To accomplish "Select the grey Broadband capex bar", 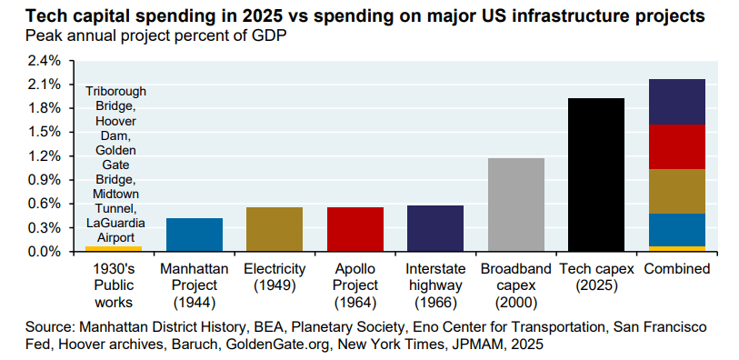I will (x=515, y=205).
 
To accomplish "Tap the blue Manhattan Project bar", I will (x=194, y=235).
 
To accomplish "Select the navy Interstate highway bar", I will (x=434, y=228).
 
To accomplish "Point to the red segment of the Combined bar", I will (x=676, y=146).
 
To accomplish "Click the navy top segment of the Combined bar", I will (x=676, y=102).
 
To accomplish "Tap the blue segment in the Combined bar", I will (x=676, y=230).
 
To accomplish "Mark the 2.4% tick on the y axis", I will (x=44, y=61).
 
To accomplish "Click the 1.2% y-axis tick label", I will (x=44, y=156).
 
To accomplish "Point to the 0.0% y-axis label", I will (x=44, y=252).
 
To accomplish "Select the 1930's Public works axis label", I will (x=114, y=285).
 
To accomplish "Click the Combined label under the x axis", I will (x=676, y=270).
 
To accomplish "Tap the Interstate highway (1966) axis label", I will (x=434, y=285).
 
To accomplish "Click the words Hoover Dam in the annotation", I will (x=115, y=128).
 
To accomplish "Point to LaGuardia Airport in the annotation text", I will (x=115, y=230).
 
